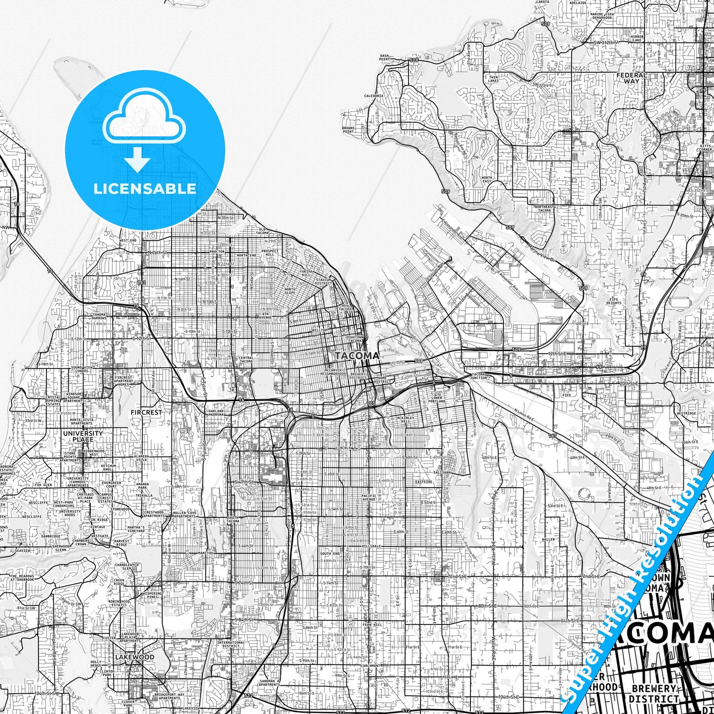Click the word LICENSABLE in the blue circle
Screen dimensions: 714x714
(x=145, y=189)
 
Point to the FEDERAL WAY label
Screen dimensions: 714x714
(x=631, y=78)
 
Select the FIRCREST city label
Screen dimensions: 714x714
(x=146, y=412)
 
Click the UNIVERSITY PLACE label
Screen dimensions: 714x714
(x=83, y=436)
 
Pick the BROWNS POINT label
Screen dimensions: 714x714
(x=348, y=130)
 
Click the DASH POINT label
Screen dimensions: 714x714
(x=384, y=57)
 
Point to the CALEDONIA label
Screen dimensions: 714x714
(x=374, y=96)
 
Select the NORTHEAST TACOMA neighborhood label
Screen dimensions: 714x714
(x=544, y=209)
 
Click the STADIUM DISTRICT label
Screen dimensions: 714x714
(x=323, y=281)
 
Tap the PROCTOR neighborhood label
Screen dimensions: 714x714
(x=217, y=252)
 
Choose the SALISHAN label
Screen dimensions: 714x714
(x=441, y=472)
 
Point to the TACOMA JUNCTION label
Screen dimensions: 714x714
(x=478, y=376)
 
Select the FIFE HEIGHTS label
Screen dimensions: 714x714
(x=614, y=301)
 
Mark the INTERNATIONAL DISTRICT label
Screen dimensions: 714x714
(x=231, y=644)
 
